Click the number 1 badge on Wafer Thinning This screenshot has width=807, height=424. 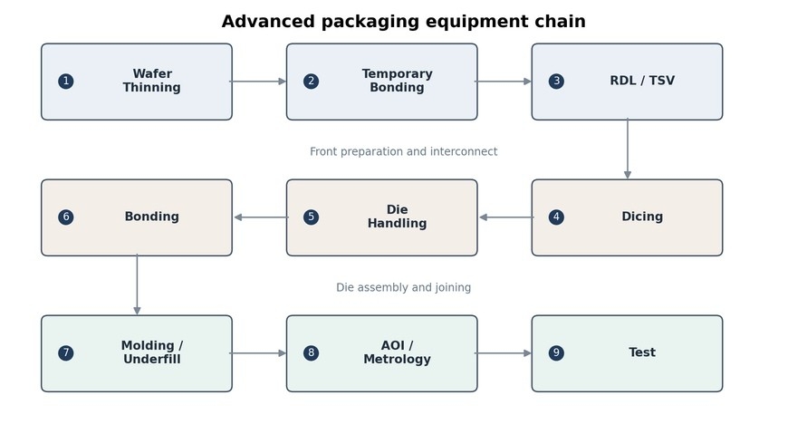click(66, 82)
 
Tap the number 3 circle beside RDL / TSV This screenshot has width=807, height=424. click(556, 82)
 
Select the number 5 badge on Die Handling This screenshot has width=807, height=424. click(311, 217)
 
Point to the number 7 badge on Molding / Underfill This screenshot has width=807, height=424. click(66, 353)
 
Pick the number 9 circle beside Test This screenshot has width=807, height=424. click(556, 353)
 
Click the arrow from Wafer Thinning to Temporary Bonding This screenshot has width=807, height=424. click(258, 82)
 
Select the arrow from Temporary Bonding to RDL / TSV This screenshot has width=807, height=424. click(503, 82)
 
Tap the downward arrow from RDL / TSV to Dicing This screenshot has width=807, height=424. click(628, 149)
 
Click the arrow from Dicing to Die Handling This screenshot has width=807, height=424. click(506, 217)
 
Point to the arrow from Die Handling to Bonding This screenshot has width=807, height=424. click(262, 217)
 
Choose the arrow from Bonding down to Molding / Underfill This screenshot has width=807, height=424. click(137, 284)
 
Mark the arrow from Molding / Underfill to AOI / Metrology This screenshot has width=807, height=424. click(258, 353)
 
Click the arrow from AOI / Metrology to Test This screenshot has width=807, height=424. click(503, 353)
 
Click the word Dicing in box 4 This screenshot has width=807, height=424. click(642, 217)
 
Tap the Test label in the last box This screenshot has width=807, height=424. click(642, 352)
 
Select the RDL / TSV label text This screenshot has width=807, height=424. click(642, 81)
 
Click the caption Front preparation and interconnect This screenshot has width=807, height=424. click(404, 152)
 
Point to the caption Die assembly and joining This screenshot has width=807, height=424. click(404, 287)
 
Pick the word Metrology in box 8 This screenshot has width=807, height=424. click(398, 359)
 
